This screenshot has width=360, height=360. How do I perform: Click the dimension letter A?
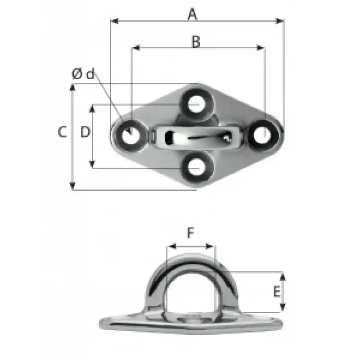193,14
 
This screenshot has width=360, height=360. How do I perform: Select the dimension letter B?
196,41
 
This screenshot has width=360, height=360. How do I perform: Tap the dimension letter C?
62,132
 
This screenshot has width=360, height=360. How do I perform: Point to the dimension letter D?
85,132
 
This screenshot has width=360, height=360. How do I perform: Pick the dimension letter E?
277,292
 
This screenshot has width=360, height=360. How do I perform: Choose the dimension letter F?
190,232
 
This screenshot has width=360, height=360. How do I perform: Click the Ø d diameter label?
83,74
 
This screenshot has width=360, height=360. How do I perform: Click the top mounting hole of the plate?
197,103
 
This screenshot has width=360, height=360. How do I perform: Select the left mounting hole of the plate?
130,136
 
